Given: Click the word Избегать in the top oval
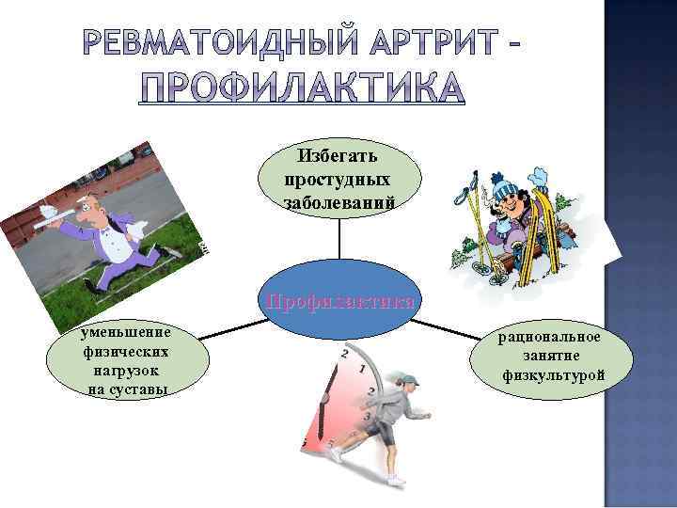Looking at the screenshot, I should click(338, 154).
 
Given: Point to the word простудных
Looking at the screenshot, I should click(338, 178).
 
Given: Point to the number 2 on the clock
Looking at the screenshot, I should click(345, 355).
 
